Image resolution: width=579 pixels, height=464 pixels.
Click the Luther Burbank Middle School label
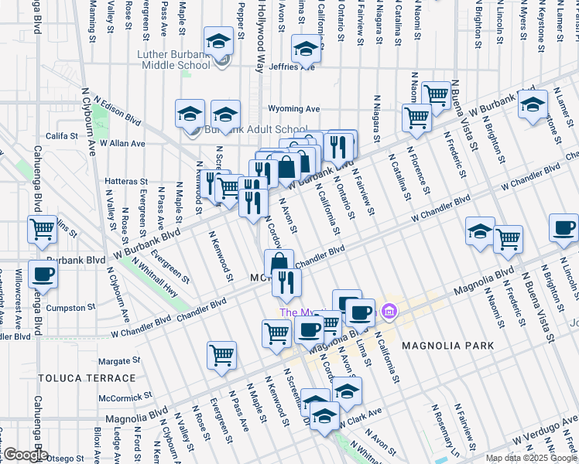(173, 60)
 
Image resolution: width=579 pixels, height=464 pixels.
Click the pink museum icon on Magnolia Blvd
(389, 312)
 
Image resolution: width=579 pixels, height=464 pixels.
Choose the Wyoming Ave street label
(293, 109)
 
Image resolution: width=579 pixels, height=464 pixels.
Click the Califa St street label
(61, 135)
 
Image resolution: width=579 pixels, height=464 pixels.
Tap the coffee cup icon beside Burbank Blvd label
(43, 274)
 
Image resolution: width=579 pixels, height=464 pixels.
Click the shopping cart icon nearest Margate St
(221, 355)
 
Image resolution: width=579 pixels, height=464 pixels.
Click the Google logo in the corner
(25, 455)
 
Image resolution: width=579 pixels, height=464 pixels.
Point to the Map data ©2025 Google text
(531, 458)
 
